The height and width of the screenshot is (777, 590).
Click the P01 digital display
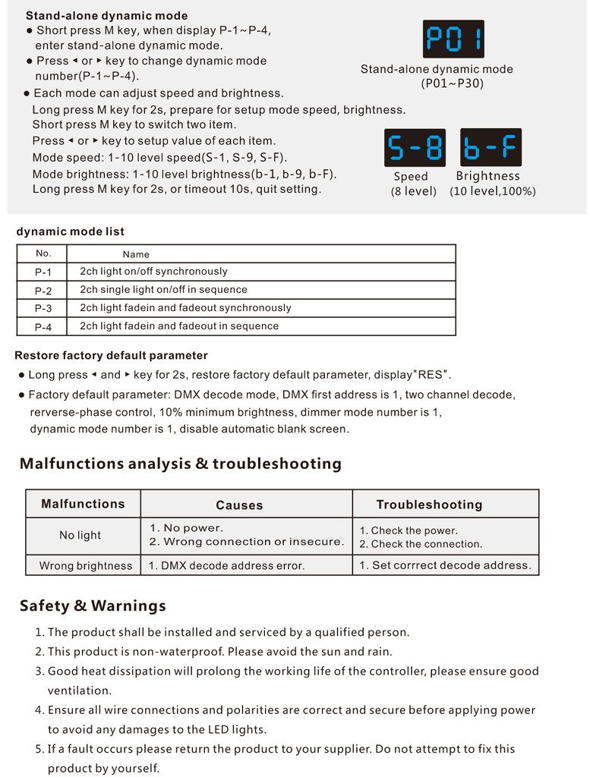point(453,39)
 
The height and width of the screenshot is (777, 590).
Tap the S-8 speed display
point(415,147)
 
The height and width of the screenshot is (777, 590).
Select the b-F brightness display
point(491,147)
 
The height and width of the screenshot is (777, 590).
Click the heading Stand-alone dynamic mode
point(106,15)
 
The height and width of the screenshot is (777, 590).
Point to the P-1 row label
point(44,272)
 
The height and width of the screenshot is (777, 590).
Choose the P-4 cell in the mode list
point(44,327)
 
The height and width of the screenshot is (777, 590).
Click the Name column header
point(136,254)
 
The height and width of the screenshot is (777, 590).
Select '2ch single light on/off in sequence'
point(163,290)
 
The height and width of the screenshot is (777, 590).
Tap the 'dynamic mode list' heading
point(70,231)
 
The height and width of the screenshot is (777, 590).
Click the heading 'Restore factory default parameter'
point(111,355)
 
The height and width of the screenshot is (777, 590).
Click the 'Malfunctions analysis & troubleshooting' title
point(181,464)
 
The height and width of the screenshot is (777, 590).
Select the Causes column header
point(239,505)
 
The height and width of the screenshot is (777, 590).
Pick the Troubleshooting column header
point(429,505)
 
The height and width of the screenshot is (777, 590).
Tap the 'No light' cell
point(80,536)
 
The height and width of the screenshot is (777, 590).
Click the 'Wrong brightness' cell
point(86,566)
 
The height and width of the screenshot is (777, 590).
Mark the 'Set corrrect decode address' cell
point(445,565)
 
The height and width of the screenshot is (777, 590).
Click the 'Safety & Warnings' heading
point(93,606)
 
